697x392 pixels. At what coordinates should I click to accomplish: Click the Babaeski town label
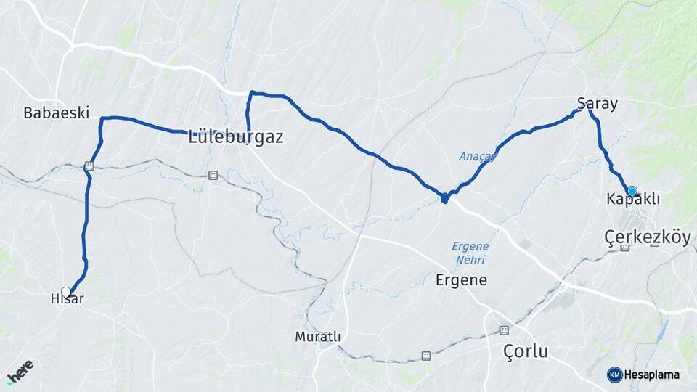[56, 113]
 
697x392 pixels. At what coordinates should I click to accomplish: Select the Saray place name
[598, 104]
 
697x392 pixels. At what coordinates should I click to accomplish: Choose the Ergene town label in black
[461, 279]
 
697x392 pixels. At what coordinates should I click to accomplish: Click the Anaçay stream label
[476, 156]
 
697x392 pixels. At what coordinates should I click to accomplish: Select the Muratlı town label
[317, 337]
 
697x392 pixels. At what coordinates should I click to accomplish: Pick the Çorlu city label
[526, 352]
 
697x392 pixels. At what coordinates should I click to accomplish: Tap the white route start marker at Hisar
[66, 292]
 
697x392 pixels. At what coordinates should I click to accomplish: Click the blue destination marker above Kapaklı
[632, 191]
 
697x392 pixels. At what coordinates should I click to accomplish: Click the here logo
[20, 372]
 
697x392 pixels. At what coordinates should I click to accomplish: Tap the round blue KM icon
[614, 375]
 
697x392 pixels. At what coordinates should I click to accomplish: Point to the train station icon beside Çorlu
[504, 330]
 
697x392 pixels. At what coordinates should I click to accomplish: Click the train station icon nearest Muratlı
[426, 356]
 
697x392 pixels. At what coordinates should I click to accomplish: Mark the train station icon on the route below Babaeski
[89, 166]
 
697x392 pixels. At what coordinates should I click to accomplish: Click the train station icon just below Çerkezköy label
[624, 248]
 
